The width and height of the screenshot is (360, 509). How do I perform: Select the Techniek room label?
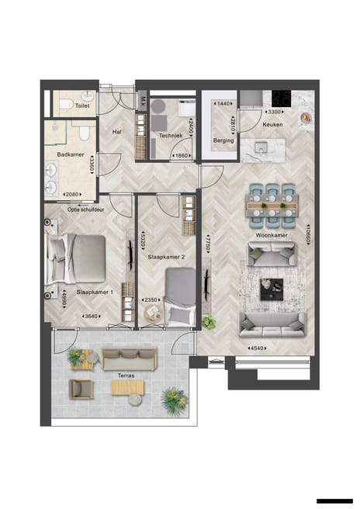click(x=170, y=134)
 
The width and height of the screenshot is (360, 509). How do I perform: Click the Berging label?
click(x=223, y=140)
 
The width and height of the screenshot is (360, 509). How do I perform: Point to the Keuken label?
click(x=272, y=124)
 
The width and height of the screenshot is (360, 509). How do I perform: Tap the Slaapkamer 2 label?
click(x=166, y=256)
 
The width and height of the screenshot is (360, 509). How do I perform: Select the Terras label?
click(x=126, y=376)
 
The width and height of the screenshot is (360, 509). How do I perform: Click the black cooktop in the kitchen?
click(x=281, y=98)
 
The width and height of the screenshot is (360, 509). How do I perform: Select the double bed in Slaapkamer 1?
click(x=78, y=258)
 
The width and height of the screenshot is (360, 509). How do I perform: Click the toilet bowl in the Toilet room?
click(x=67, y=103)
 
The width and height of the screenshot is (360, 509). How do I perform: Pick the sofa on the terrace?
click(x=130, y=358)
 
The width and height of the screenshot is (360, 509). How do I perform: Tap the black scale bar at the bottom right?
click(x=334, y=501)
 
